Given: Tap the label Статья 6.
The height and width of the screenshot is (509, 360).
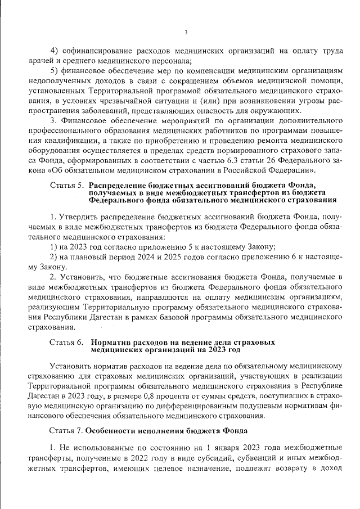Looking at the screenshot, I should point(66,341).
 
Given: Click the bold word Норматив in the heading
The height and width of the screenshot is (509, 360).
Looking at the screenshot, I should point(110,341).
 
